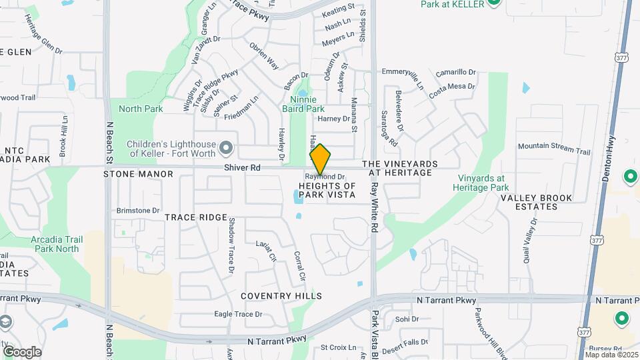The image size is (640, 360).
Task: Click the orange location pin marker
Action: click(321, 159)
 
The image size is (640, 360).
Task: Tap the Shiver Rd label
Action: click(242, 168)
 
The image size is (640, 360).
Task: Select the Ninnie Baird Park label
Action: click(303, 104)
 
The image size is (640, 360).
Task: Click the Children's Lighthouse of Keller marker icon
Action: click(227, 147)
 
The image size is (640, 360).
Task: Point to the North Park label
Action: click(141, 109)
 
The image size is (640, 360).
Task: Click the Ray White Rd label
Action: click(375, 207)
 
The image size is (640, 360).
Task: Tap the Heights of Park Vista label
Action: click(327, 189)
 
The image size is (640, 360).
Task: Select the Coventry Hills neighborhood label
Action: click(281, 296)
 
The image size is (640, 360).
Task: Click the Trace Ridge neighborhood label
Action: click(196, 217)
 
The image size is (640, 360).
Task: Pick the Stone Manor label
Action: click(138, 174)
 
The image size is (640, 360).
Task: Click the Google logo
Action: click(22, 351)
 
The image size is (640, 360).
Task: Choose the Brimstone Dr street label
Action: click(138, 211)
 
